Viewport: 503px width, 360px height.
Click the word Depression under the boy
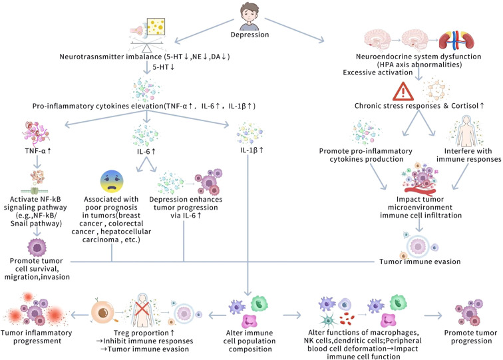(250, 35)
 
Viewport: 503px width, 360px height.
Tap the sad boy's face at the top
(250, 15)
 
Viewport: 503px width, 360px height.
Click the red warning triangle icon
(403, 91)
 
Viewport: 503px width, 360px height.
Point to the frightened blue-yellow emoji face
(112, 182)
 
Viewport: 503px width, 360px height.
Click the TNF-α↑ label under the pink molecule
(38, 150)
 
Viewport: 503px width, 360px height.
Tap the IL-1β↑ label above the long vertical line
(251, 150)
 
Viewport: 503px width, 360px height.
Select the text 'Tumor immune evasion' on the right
(420, 262)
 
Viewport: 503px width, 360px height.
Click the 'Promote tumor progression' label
(470, 337)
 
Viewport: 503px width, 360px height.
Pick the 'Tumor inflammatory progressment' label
(36, 337)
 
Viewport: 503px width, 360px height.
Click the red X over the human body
(142, 309)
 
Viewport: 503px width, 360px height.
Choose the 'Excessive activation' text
(377, 73)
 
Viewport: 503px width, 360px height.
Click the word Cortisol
(465, 106)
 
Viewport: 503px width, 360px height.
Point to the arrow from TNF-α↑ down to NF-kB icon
(37, 162)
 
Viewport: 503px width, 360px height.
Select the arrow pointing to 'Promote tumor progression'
(433, 315)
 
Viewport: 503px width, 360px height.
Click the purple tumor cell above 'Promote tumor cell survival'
(37, 248)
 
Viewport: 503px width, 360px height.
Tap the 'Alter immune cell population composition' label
(250, 341)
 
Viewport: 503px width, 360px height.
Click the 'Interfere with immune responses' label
(468, 155)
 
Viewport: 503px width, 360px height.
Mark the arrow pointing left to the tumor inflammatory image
(80, 315)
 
